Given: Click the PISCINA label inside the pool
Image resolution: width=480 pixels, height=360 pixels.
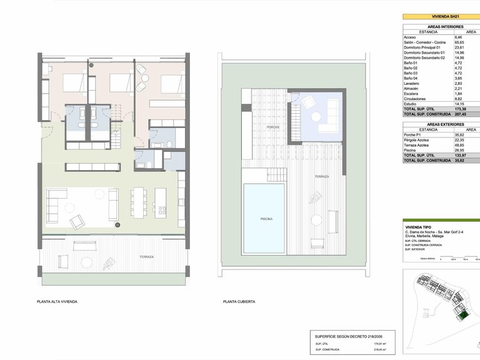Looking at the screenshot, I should coord(266,219).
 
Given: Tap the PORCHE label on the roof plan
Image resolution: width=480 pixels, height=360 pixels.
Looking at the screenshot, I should coord(272,127).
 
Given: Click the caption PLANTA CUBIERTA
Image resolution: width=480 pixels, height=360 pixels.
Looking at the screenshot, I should coord(239,301).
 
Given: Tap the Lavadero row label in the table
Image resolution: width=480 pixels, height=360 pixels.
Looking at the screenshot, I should coord(413,83).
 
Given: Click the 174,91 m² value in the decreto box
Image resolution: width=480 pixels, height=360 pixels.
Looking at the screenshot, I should coord(380,344).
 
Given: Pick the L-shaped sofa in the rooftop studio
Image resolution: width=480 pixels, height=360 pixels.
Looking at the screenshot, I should coord(328,122).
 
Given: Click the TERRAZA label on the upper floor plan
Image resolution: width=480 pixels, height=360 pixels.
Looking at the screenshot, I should coord(147,257).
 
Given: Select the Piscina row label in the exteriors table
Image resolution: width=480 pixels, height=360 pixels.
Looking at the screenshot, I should coord(411,150).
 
